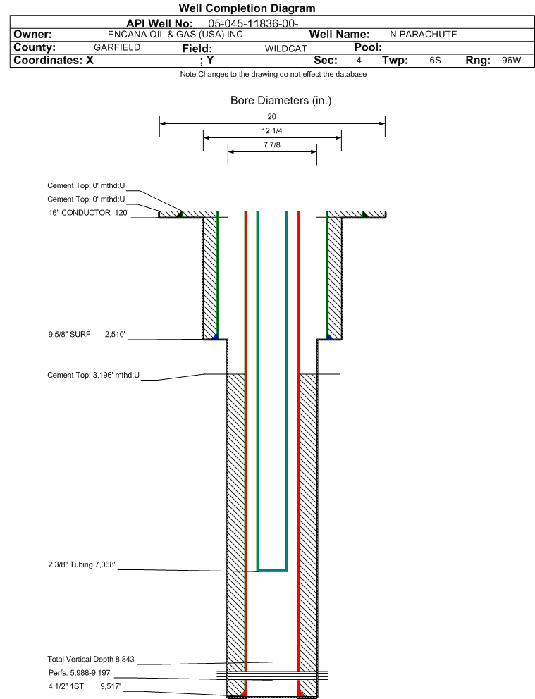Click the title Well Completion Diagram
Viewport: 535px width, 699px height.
[247, 8]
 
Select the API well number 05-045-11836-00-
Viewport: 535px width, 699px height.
[253, 24]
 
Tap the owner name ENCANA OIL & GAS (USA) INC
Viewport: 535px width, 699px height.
[176, 35]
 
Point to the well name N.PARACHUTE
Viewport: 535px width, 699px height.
[423, 35]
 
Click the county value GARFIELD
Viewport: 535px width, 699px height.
[117, 47]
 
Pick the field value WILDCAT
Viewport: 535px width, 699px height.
[285, 48]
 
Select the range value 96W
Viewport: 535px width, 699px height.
[511, 60]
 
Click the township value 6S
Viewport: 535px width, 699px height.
[435, 60]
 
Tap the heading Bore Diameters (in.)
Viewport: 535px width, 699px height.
[281, 100]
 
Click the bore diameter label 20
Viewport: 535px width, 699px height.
[271, 116]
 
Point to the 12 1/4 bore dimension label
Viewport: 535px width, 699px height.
[271, 130]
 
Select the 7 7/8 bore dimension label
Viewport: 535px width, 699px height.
[271, 144]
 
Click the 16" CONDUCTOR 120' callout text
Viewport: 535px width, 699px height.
[88, 213]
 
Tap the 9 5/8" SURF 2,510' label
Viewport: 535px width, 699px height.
[87, 334]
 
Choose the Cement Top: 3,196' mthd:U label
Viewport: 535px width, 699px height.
[93, 375]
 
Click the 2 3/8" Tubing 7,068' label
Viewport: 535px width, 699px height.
[82, 564]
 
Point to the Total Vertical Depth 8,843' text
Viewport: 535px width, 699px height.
[92, 659]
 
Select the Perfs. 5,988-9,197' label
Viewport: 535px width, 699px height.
[80, 673]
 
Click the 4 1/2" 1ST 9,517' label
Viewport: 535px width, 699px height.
[85, 686]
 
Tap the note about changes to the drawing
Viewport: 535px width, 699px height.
[273, 74]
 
